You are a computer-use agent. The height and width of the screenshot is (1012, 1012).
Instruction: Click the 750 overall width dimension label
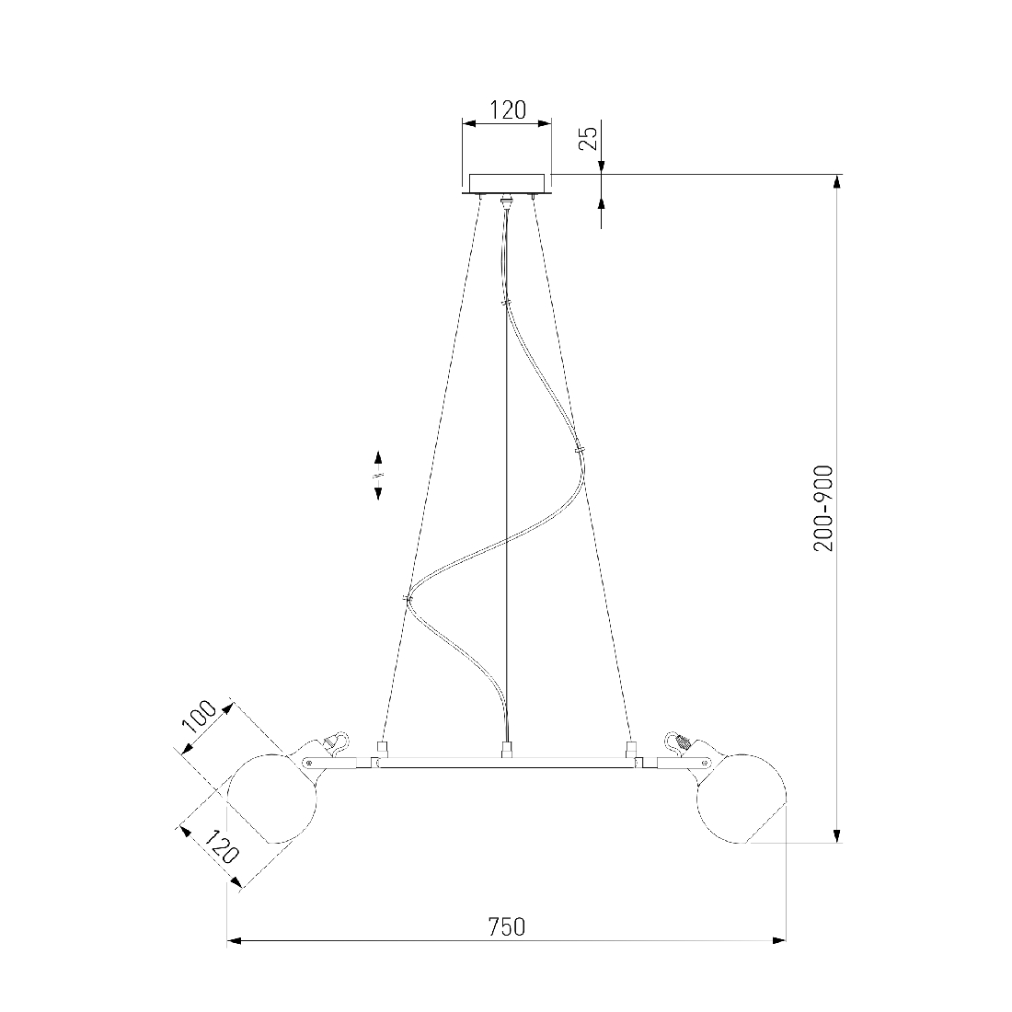[506, 926]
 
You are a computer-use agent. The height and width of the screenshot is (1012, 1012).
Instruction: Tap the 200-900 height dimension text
[823, 509]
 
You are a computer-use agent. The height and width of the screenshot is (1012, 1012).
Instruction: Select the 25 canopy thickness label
[588, 139]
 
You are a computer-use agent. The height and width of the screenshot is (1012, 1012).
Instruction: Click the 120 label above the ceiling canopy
[508, 110]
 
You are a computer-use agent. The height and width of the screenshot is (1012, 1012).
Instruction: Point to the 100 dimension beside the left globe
[200, 717]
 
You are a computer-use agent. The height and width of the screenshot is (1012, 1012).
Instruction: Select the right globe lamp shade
[742, 799]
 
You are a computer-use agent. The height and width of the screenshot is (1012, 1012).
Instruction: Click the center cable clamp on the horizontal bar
[507, 750]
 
